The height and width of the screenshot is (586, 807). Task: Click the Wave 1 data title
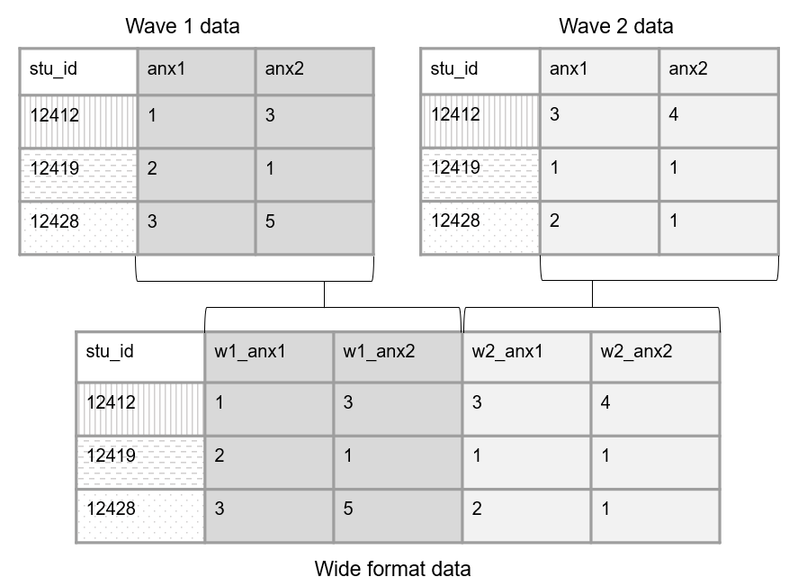[x=183, y=26]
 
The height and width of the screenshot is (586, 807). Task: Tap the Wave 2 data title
[x=615, y=26]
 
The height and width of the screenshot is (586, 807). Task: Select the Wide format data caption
[x=392, y=569]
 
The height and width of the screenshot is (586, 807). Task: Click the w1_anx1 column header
[x=249, y=351]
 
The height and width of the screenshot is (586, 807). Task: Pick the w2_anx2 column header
[x=636, y=351]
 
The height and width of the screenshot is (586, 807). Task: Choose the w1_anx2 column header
[x=379, y=351]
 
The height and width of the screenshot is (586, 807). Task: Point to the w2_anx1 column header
[x=507, y=351]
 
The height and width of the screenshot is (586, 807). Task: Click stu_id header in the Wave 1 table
[x=53, y=68]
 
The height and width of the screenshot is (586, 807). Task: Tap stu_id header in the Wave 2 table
[x=454, y=68]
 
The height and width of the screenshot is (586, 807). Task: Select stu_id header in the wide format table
[x=110, y=351]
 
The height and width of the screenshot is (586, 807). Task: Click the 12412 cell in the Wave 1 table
[x=55, y=114]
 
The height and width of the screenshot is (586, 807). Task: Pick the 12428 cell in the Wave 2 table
[x=456, y=221]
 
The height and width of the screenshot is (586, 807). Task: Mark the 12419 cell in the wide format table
[x=112, y=455]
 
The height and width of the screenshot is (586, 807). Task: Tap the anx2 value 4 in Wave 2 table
[x=674, y=114]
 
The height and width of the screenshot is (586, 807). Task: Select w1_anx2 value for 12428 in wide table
[x=348, y=509]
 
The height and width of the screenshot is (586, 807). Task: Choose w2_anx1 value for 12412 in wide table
[x=477, y=402]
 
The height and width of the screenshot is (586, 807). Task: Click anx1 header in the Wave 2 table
[x=568, y=68]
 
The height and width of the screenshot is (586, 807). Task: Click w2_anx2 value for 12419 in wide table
[x=605, y=455]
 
